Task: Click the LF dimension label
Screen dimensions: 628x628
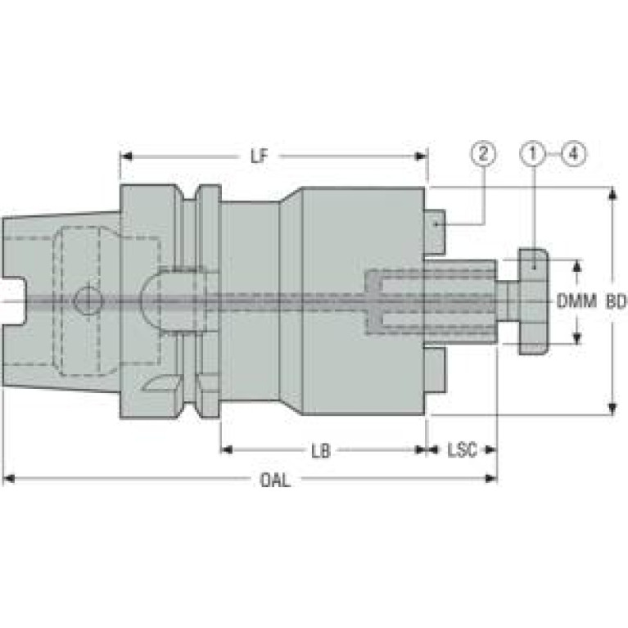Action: (x=259, y=156)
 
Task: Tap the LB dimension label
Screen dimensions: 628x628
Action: (x=321, y=450)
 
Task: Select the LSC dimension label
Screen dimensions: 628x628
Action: (x=462, y=450)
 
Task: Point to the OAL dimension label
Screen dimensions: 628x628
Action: (x=275, y=480)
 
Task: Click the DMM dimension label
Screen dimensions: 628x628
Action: (x=576, y=300)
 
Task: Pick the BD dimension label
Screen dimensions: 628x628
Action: (x=616, y=301)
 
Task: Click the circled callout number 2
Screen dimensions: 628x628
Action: (x=484, y=154)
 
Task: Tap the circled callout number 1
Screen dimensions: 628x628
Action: (x=533, y=154)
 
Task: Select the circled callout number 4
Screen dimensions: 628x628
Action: (x=574, y=154)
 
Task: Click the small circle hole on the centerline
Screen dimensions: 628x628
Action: (x=88, y=300)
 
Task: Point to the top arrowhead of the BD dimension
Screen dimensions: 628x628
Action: (x=612, y=193)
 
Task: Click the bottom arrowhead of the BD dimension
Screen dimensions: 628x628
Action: (x=612, y=409)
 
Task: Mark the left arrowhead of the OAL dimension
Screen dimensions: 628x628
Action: (x=9, y=479)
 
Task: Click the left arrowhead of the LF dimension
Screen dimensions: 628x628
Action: (x=127, y=156)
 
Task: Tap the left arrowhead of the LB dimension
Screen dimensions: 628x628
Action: (x=227, y=450)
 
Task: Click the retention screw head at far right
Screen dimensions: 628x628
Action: (x=533, y=301)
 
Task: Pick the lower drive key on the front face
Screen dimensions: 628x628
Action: (x=435, y=369)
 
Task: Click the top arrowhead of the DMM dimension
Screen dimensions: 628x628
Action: (x=576, y=266)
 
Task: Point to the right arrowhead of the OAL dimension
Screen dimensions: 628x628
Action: (x=490, y=479)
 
